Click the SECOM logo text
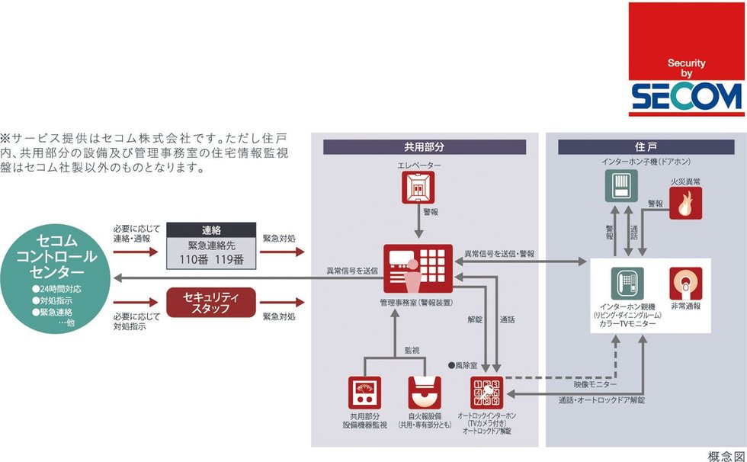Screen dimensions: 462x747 click(x=687, y=96)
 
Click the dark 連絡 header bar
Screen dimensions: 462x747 click(x=210, y=230)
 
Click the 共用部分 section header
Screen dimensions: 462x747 click(x=424, y=146)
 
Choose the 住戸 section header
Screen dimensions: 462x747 click(x=646, y=146)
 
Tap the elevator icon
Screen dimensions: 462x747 click(x=417, y=188)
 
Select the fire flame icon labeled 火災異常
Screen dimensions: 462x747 click(x=685, y=204)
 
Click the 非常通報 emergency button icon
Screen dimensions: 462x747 click(x=685, y=284)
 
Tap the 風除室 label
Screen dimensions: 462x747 click(x=466, y=365)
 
